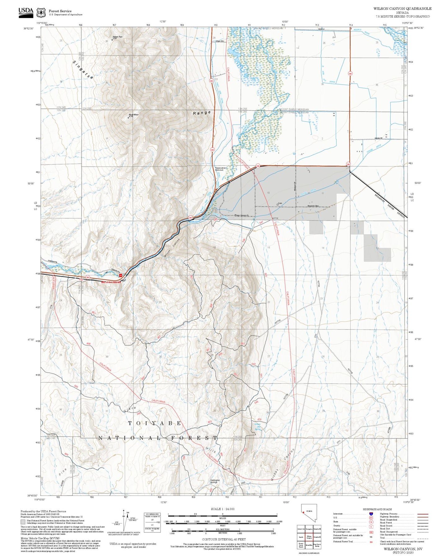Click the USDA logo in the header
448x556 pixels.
coord(25,11)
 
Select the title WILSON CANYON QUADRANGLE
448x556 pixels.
coord(402,9)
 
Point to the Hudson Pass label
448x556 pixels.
coord(118,37)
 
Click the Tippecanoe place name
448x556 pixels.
coord(220,168)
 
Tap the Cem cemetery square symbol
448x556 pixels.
coord(277,205)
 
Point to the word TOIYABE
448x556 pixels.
coord(155,423)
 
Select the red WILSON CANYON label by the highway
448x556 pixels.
coord(111,282)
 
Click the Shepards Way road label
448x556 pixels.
coord(313,206)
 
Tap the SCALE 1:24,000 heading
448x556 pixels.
coord(222,509)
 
